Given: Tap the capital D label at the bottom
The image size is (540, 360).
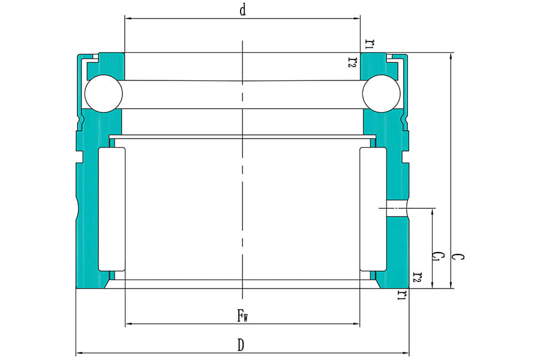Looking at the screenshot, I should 241,345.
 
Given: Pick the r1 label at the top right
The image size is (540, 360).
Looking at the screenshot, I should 371,43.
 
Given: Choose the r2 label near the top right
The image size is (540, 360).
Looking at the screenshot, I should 353,61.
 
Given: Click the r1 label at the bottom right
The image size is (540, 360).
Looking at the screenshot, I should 402,295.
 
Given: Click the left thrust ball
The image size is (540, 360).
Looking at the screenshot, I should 103,94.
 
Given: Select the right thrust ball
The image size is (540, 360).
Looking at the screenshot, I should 381,94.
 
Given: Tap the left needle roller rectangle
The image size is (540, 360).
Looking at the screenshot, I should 112,208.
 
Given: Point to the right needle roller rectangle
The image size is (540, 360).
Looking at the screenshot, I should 373,208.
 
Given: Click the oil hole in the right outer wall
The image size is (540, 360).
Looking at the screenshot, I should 397,208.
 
